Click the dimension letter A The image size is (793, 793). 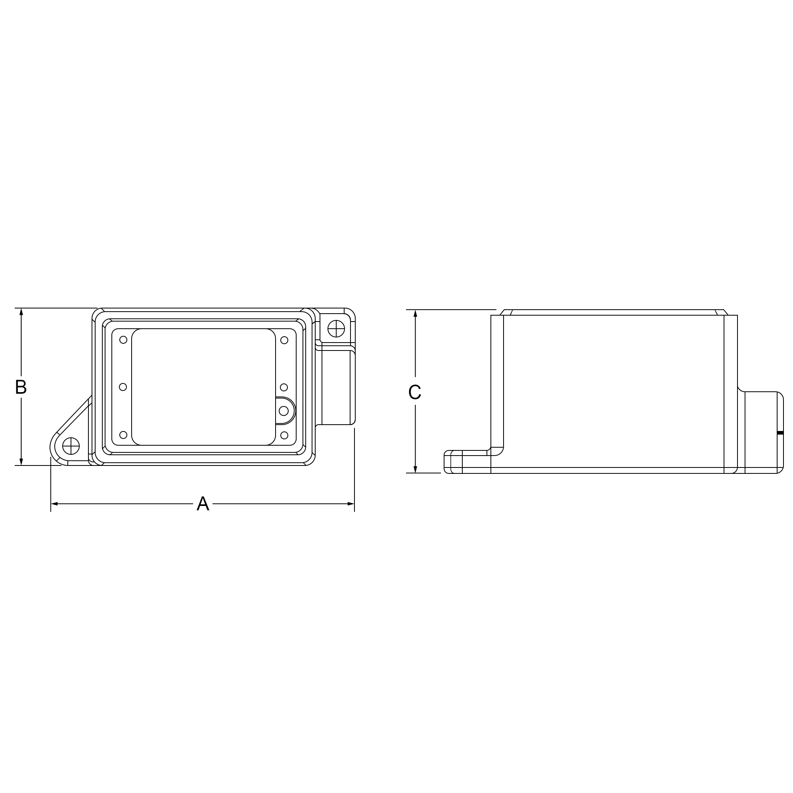203,504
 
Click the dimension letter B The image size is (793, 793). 21,387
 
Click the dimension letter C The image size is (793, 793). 415,393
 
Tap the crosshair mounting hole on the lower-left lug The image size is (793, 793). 71,446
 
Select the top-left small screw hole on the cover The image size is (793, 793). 123,340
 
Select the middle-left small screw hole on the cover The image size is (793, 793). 123,387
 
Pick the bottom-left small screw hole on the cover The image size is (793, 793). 123,435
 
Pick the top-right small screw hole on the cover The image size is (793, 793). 284,340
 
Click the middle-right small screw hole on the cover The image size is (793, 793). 283,387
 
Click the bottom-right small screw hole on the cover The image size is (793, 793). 284,435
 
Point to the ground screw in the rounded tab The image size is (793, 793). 283,410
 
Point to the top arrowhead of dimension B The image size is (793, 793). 21,312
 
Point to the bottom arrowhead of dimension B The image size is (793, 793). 21,462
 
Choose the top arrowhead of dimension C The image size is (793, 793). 416,314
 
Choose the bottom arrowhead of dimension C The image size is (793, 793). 416,469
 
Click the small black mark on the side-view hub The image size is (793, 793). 780,433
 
